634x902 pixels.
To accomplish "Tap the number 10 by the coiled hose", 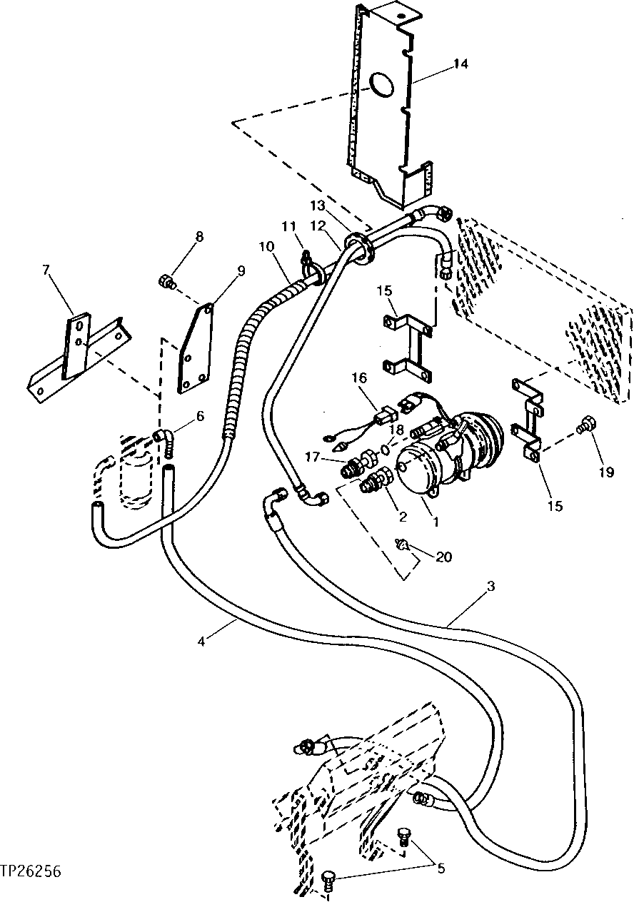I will [266, 247].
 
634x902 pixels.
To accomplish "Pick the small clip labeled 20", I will [404, 547].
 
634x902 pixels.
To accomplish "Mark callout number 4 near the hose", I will [202, 641].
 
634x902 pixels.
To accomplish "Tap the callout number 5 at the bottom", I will [441, 868].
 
